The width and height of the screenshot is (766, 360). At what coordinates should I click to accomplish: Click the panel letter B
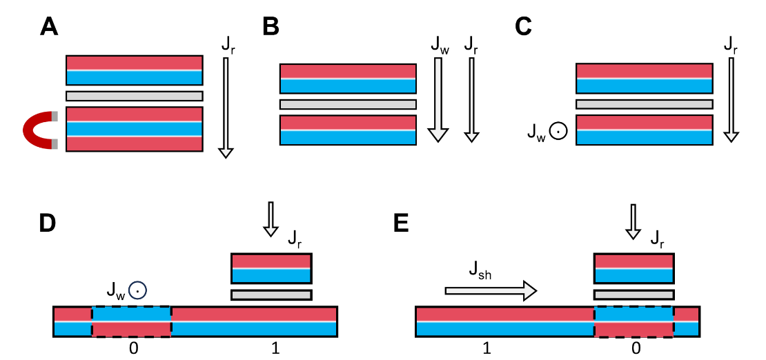tap(271, 27)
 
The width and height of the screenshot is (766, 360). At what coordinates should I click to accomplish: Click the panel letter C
tap(524, 27)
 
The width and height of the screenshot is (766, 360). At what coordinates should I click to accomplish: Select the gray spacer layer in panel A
tap(134, 96)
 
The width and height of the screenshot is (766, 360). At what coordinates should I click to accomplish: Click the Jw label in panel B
tap(438, 46)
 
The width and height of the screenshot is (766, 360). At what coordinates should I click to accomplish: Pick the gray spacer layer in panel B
tap(348, 104)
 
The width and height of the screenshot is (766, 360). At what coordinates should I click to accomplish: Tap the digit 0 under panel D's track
tap(133, 348)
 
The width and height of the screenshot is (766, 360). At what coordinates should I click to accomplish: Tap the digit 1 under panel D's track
tap(275, 348)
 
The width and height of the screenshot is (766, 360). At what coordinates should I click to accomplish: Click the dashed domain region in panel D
tap(131, 321)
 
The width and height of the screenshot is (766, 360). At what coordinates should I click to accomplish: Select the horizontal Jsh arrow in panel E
tap(490, 291)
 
